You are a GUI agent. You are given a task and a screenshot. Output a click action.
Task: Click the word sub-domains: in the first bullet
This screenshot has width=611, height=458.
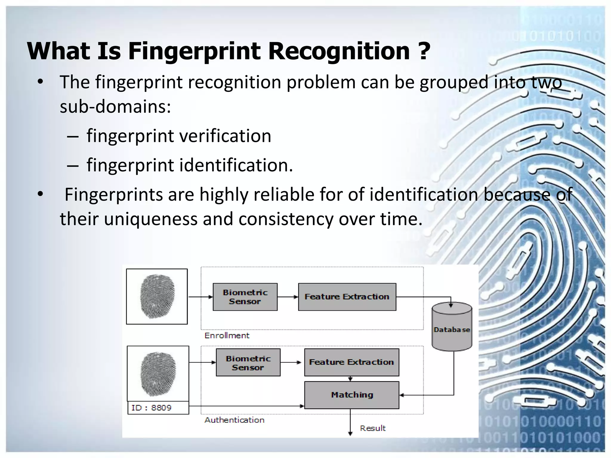pos(115,106)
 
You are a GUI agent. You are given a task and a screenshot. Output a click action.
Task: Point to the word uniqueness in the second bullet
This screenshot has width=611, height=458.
pos(151,219)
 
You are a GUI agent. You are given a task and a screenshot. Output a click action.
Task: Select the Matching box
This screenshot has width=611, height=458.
pos(351,395)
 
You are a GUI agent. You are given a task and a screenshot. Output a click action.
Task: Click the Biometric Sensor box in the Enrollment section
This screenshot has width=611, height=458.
pos(245,297)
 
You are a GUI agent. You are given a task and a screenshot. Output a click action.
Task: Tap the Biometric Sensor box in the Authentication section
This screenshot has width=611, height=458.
pos(248,363)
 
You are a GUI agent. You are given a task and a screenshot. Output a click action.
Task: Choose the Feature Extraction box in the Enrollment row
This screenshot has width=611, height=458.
pos(347,297)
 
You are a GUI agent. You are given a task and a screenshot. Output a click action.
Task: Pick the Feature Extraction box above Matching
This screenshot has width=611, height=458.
pos(351,362)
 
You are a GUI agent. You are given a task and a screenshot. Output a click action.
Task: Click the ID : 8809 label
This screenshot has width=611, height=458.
pos(152,408)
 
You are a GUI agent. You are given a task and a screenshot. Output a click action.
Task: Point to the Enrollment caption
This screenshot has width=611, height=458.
pos(227,336)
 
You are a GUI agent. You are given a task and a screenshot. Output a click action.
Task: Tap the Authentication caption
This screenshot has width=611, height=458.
pos(234,420)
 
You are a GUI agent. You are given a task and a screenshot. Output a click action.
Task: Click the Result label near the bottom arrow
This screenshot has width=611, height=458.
pos(373,428)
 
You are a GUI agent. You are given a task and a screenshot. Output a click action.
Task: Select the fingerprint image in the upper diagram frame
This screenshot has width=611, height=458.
pos(157,296)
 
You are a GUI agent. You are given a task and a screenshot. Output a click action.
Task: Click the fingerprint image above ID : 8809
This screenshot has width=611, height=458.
pos(158,374)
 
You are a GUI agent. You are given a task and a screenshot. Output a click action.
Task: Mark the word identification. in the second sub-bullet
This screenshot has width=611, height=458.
pos(236,165)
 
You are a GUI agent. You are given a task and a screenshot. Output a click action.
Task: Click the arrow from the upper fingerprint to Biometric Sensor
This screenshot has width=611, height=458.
pos(200,297)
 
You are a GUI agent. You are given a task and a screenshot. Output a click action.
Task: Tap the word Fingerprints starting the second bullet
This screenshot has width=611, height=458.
pos(113,195)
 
